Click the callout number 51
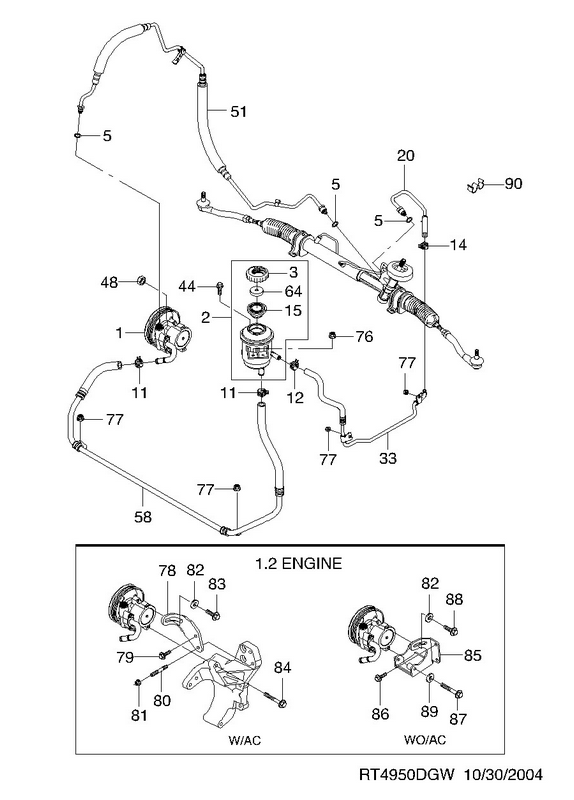coord(238,111)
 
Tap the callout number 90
coord(513,183)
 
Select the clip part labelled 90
coord(475,185)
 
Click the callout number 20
coord(406,155)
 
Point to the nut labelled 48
coord(141,279)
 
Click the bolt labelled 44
coord(220,289)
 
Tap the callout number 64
coord(292,291)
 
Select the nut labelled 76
coord(332,335)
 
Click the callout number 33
coord(388,458)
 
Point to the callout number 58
coord(143,517)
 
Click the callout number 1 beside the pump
coord(119,333)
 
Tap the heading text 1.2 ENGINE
coord(298,563)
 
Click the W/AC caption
coord(245,740)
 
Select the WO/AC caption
coord(425,739)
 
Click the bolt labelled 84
coord(275,699)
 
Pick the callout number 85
coord(472,655)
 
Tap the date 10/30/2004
coord(503,775)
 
